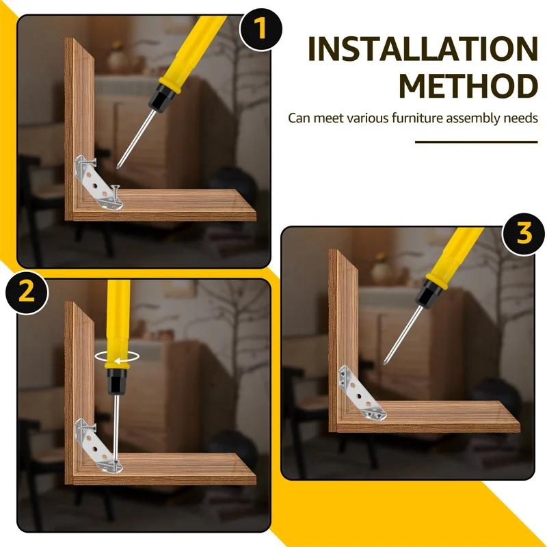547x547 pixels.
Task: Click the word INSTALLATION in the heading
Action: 422,49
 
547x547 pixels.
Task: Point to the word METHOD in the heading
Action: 468,87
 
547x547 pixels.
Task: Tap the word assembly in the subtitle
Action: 470,118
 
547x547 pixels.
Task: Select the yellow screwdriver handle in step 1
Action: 185,48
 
